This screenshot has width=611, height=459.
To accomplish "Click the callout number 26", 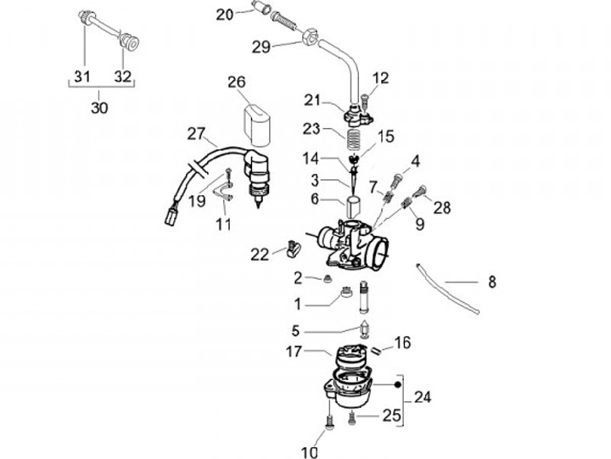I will pyautogui.click(x=236, y=82).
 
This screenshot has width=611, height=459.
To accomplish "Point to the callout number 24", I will pyautogui.click(x=422, y=396).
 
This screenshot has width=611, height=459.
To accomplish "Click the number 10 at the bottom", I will pyautogui.click(x=310, y=451).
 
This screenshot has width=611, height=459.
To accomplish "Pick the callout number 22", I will pyautogui.click(x=260, y=253).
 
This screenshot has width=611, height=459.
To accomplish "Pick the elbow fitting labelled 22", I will pyautogui.click(x=294, y=249).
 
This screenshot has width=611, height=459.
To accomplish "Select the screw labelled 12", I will pyautogui.click(x=363, y=100).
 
